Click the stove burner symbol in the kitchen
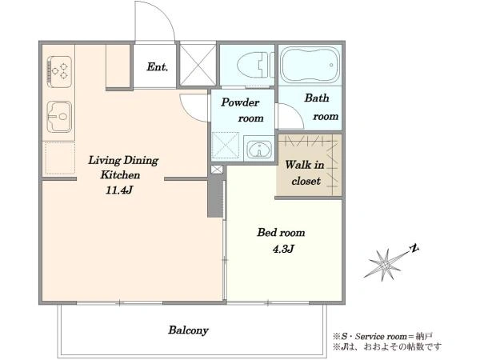(x=59, y=72)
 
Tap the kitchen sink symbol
(x=59, y=117)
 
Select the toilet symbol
(x=255, y=65)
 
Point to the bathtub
(x=310, y=65)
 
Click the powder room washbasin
(x=259, y=150)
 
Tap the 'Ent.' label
(x=158, y=66)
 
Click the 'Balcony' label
(x=188, y=330)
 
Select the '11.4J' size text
(x=119, y=190)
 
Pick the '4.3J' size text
(x=283, y=249)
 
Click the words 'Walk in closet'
(x=305, y=173)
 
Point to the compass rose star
(x=384, y=264)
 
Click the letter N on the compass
(x=414, y=249)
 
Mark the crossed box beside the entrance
(x=198, y=65)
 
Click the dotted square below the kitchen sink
(x=58, y=158)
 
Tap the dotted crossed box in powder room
(x=226, y=145)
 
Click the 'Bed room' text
(x=281, y=233)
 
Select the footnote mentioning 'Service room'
(x=382, y=337)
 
